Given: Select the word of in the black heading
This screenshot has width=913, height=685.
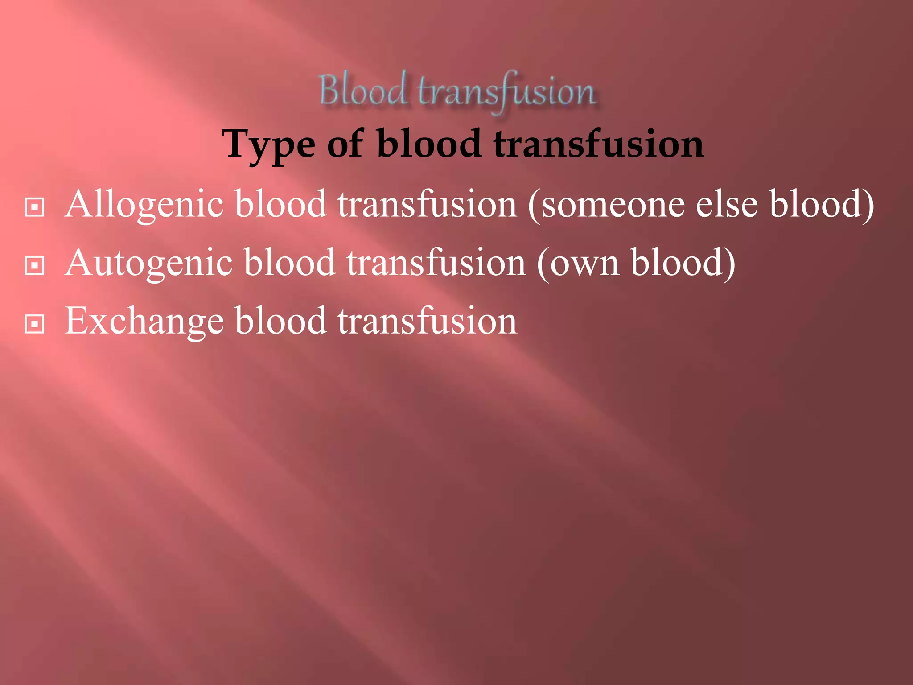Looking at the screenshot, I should click(345, 144).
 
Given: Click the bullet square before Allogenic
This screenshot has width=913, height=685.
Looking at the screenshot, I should click(35, 207).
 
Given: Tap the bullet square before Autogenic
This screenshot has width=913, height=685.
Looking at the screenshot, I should click(35, 266).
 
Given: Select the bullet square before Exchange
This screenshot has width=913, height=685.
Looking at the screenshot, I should click(35, 324).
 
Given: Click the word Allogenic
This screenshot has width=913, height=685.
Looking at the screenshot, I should click(144, 204).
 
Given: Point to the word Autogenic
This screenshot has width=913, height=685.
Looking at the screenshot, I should click(149, 263).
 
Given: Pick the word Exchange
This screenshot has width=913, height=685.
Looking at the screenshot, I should click(144, 321).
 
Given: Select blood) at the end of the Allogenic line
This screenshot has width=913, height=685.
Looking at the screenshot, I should click(822, 204).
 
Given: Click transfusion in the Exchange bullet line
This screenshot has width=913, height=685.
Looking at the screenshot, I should click(427, 321).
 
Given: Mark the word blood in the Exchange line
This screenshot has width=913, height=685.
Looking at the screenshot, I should click(281, 321).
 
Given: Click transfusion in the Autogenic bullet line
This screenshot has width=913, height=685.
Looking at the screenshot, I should click(436, 263).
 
